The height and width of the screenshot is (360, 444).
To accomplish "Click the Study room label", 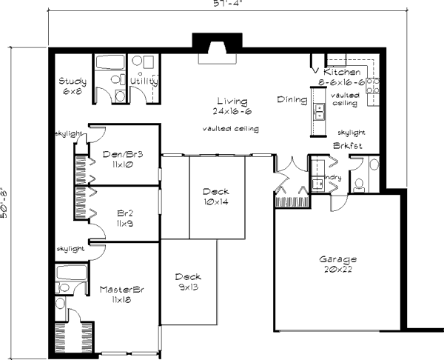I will (x=73, y=81).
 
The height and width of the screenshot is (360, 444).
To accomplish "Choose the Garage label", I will (x=338, y=260).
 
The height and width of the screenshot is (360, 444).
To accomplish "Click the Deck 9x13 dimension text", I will (x=188, y=287).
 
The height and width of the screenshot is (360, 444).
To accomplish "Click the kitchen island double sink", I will (x=320, y=112).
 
